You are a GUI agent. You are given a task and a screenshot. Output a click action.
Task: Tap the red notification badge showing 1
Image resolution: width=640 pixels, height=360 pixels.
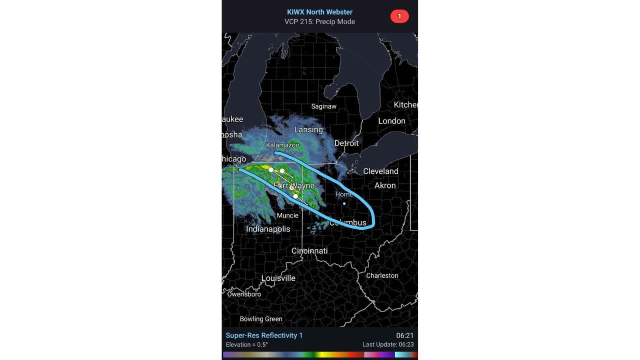point(399,16)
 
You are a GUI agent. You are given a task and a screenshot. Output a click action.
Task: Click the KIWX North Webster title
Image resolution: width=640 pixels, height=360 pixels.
point(319,12)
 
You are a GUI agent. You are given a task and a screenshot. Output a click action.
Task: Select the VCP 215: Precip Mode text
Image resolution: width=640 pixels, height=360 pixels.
point(319,21)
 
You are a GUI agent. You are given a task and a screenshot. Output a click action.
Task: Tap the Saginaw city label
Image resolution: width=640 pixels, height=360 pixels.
point(324,106)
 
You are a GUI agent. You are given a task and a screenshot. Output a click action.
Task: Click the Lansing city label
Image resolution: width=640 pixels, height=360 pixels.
point(308,129)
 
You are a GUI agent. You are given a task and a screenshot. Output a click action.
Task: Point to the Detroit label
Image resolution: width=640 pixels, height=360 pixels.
point(346,143)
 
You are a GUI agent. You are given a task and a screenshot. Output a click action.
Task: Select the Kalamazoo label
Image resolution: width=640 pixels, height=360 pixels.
point(282,145)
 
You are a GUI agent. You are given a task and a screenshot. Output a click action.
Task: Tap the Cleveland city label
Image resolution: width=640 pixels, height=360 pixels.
point(380,171)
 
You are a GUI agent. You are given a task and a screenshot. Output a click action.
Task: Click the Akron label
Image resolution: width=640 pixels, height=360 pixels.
point(385,185)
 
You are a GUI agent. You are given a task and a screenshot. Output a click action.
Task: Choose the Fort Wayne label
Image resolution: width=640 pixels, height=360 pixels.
point(294,186)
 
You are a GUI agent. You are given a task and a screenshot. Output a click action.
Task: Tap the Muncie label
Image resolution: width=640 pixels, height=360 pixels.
point(287,215)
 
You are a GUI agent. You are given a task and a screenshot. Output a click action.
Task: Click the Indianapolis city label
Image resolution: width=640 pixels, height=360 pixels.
point(268,229)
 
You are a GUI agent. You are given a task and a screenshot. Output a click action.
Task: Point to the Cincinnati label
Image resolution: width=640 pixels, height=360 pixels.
point(309,250)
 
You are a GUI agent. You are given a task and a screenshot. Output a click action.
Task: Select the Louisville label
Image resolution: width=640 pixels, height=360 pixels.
point(278,278)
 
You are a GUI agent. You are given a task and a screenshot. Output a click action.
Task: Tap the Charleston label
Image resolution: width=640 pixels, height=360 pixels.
point(382,275)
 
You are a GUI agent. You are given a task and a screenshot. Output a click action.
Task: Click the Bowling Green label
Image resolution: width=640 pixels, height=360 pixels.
point(261,319)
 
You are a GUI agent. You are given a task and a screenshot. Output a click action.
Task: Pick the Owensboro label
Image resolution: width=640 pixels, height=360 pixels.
point(244,294)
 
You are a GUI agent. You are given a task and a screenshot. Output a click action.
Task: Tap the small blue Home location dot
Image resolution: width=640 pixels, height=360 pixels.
point(344,203)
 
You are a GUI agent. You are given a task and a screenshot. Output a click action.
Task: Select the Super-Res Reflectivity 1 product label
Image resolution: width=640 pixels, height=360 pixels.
point(264,335)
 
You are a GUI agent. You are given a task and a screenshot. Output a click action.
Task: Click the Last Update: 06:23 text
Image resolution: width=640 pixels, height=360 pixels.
point(388,344)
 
